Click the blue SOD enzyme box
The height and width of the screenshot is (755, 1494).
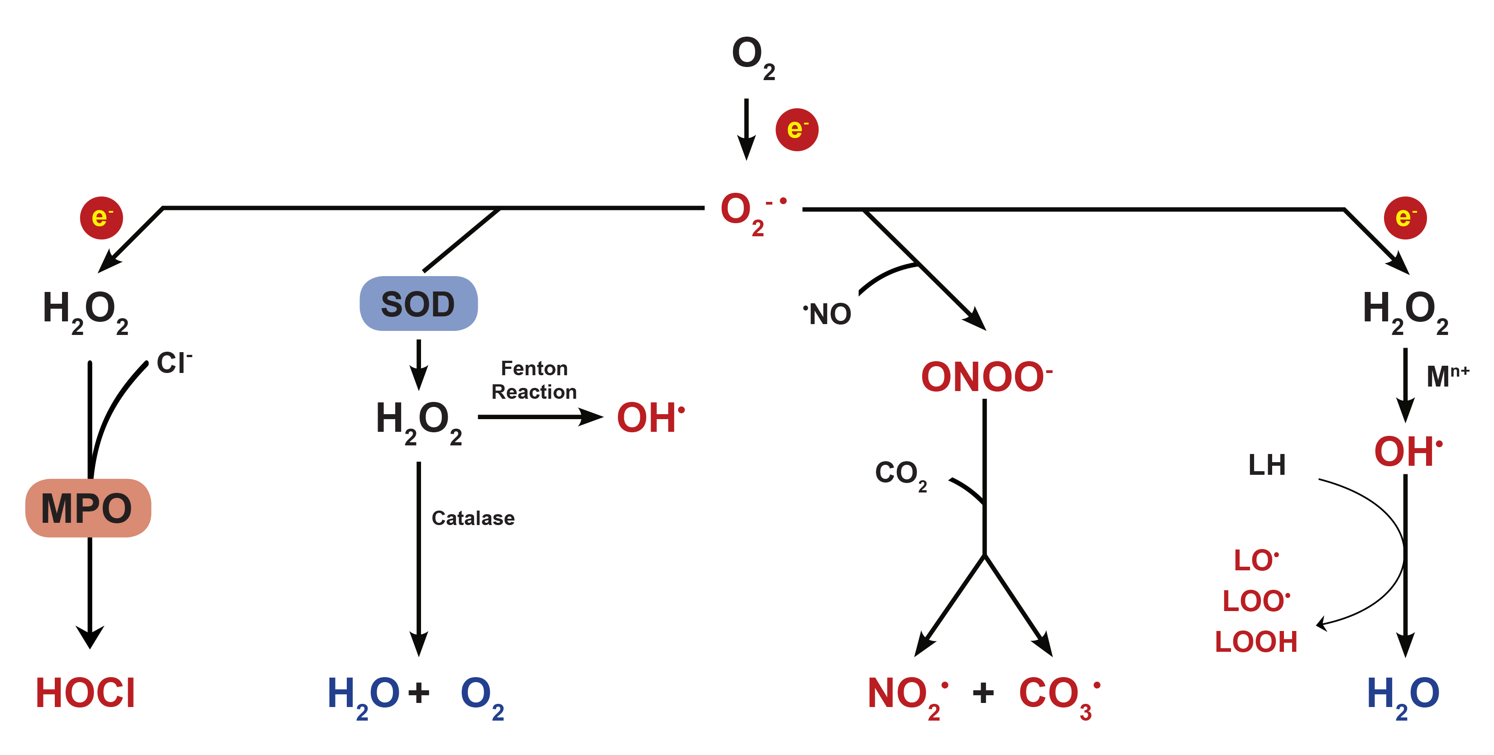[x=418, y=303]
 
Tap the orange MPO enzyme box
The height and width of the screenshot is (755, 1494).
[x=87, y=508]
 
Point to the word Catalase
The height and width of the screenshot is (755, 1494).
[x=473, y=518]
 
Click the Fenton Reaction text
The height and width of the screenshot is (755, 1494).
[x=534, y=380]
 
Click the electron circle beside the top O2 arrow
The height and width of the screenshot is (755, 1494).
[x=797, y=129]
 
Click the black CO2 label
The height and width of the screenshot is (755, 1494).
[x=900, y=474]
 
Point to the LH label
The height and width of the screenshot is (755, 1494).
[x=1267, y=465]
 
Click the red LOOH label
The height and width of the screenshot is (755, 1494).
[x=1255, y=642]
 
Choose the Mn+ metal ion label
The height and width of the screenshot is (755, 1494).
[x=1447, y=376]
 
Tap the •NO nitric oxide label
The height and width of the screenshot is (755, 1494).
[x=828, y=314]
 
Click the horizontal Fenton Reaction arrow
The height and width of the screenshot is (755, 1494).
[x=539, y=417]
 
